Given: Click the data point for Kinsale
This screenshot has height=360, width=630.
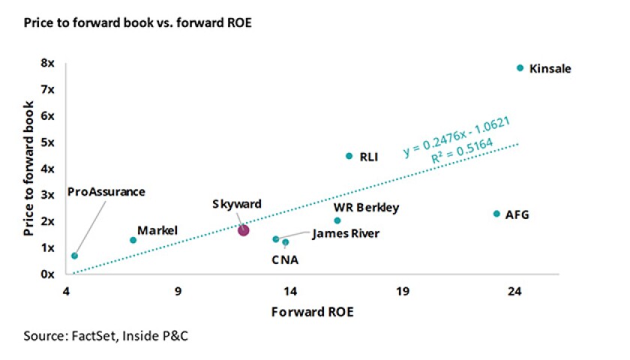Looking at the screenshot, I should (520, 68).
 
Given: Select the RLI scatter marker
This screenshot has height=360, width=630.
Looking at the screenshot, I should (349, 156).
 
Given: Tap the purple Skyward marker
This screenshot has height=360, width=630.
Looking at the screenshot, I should (243, 230).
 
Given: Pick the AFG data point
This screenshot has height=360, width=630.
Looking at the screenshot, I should (496, 214).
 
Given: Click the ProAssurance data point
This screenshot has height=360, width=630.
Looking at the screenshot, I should (74, 256).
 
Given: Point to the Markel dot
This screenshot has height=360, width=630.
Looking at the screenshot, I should (133, 240).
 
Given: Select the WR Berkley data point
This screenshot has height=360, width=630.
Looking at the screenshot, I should (337, 220).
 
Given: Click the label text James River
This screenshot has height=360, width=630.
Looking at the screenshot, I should (345, 234).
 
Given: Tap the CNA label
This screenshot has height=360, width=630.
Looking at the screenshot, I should (285, 260).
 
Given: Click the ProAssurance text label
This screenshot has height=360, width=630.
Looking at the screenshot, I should (106, 191).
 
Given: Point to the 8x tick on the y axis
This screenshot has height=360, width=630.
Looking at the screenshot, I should (48, 64).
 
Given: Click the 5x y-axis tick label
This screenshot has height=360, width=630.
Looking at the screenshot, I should (48, 142).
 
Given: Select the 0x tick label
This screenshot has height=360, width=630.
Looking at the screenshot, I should (48, 274).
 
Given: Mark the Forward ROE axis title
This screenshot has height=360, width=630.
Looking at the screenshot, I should (313, 312).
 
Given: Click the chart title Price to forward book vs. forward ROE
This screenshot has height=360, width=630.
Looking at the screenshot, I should (137, 23).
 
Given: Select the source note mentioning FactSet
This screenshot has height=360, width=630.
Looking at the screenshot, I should (106, 335).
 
